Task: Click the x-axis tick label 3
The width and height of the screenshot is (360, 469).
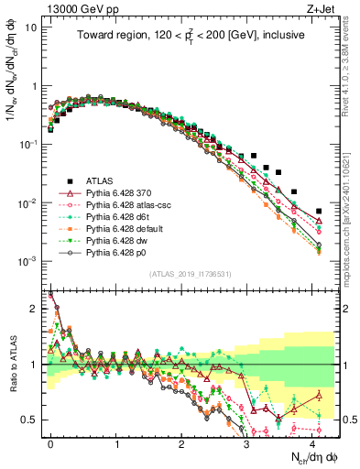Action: [247, 442]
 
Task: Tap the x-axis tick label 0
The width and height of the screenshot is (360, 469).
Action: [50, 442]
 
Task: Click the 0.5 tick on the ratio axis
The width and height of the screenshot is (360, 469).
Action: [32, 420]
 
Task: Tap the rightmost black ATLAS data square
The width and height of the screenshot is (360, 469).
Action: [319, 212]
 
